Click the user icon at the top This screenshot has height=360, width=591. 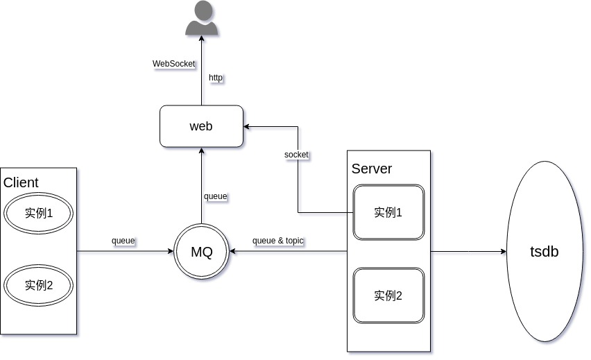tap(202, 19)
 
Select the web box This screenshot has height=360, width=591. tap(201, 126)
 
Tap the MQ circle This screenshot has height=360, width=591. tap(201, 251)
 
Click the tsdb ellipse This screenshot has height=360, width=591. tap(544, 251)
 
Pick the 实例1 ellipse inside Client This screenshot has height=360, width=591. tap(39, 213)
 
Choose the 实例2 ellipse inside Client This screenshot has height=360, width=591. tap(39, 285)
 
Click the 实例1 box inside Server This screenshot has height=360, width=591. tap(388, 212)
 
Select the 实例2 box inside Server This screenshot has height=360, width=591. tap(388, 295)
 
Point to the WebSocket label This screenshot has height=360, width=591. tap(174, 64)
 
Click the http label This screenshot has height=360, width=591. tap(216, 78)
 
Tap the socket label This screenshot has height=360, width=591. tap(296, 154)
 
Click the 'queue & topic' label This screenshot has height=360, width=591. tap(278, 241)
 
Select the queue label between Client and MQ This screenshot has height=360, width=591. tap(123, 241)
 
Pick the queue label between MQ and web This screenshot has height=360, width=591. tap(215, 196)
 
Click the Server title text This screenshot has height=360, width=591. tap(372, 169)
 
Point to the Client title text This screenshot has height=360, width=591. tap(21, 183)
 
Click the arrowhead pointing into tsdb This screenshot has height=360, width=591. tap(503, 251)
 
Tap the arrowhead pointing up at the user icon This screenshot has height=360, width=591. tap(202, 40)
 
